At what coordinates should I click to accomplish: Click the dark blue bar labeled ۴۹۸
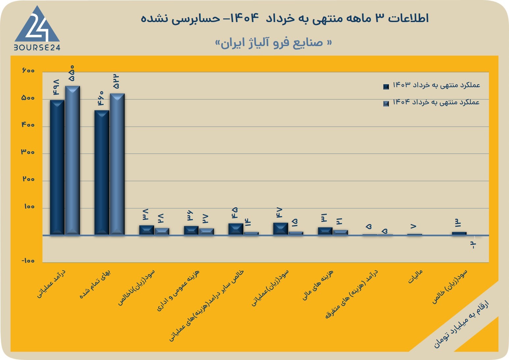click(57, 167)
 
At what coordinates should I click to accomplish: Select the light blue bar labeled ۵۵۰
click(72, 160)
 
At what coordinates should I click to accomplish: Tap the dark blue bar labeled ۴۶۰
click(102, 172)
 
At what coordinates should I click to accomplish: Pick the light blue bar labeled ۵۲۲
click(117, 164)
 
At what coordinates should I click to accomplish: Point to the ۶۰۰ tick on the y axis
click(28, 71)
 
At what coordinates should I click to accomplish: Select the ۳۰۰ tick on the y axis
click(28, 152)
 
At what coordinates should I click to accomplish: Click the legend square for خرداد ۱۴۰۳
click(386, 87)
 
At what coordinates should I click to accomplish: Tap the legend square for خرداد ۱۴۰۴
click(386, 104)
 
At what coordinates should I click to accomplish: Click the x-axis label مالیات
click(415, 276)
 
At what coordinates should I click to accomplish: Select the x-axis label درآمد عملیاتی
click(51, 284)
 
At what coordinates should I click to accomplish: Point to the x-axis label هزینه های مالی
click(318, 285)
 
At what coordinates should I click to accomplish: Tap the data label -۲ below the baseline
click(473, 245)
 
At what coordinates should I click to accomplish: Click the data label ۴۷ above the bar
click(279, 213)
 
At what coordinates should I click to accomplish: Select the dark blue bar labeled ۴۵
click(236, 229)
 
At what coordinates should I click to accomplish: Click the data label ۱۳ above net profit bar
click(458, 223)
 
